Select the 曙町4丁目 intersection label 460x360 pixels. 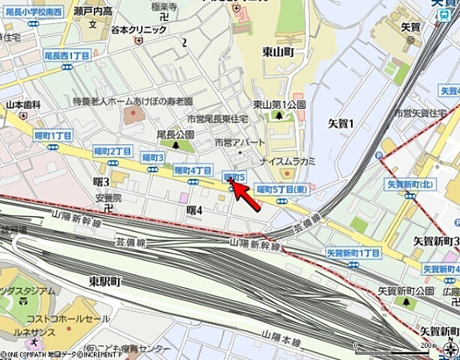tap(192, 170)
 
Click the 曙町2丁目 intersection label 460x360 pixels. tap(113, 151)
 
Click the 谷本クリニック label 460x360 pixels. tap(138, 29)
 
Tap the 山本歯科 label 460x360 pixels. tap(23, 106)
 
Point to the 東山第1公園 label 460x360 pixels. tap(279, 104)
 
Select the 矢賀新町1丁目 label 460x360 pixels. tap(353, 253)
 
